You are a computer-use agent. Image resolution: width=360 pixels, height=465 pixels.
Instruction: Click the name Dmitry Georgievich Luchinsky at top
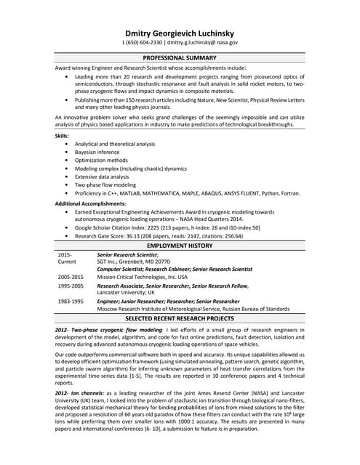pos(180,33)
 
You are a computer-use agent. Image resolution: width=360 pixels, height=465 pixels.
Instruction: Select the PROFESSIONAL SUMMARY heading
pos(180,57)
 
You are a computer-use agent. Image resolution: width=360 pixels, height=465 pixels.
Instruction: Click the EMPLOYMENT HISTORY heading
pos(180,247)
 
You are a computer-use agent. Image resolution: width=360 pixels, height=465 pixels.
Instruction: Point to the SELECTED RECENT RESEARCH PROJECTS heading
pos(180,318)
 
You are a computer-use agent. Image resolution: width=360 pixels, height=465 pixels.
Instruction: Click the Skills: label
pos(63,136)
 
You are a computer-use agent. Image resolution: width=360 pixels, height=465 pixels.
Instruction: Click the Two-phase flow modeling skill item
pos(105,185)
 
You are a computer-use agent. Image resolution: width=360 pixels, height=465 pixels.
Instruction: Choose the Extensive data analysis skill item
pos(102,177)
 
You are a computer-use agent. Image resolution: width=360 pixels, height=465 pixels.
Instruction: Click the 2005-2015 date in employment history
pos(71,277)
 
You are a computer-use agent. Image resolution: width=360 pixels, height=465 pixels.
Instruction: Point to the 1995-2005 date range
pos(71,286)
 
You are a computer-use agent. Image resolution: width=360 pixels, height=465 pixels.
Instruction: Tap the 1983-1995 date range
pos(71,301)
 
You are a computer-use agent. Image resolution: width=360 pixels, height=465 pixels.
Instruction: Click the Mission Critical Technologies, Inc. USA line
pos(142,277)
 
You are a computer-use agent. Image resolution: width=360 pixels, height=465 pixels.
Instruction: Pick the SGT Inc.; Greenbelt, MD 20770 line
pos(133,262)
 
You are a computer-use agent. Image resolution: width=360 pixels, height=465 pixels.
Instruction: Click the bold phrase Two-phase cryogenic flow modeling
pos(116,330)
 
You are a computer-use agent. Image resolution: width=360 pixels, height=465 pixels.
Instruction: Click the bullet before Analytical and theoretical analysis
pos(67,144)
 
